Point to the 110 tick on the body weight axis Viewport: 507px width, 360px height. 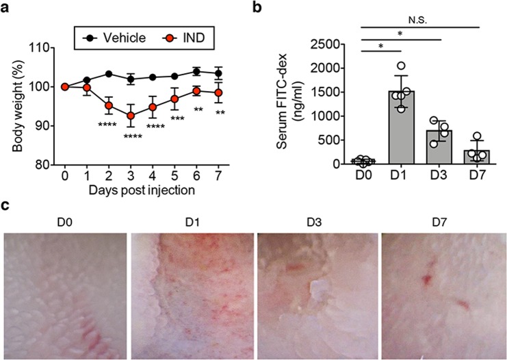pos(42,48)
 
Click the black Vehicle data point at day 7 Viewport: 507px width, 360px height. pos(219,73)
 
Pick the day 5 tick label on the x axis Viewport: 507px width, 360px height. pos(174,175)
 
